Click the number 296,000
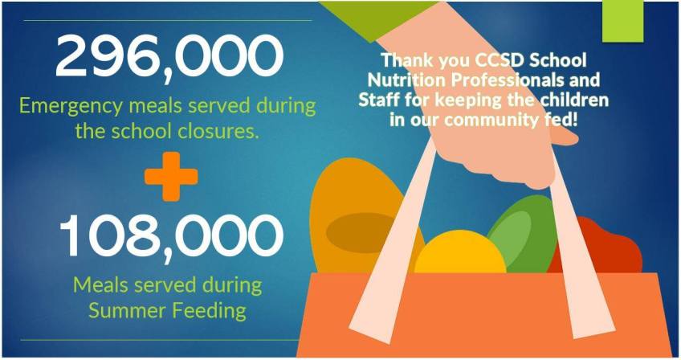[169, 56]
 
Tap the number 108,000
[171, 237]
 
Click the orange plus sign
[171, 176]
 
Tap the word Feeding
[210, 311]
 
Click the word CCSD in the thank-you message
[493, 60]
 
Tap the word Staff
[378, 100]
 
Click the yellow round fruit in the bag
[460, 253]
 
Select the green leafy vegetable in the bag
[524, 235]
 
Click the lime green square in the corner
[622, 22]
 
